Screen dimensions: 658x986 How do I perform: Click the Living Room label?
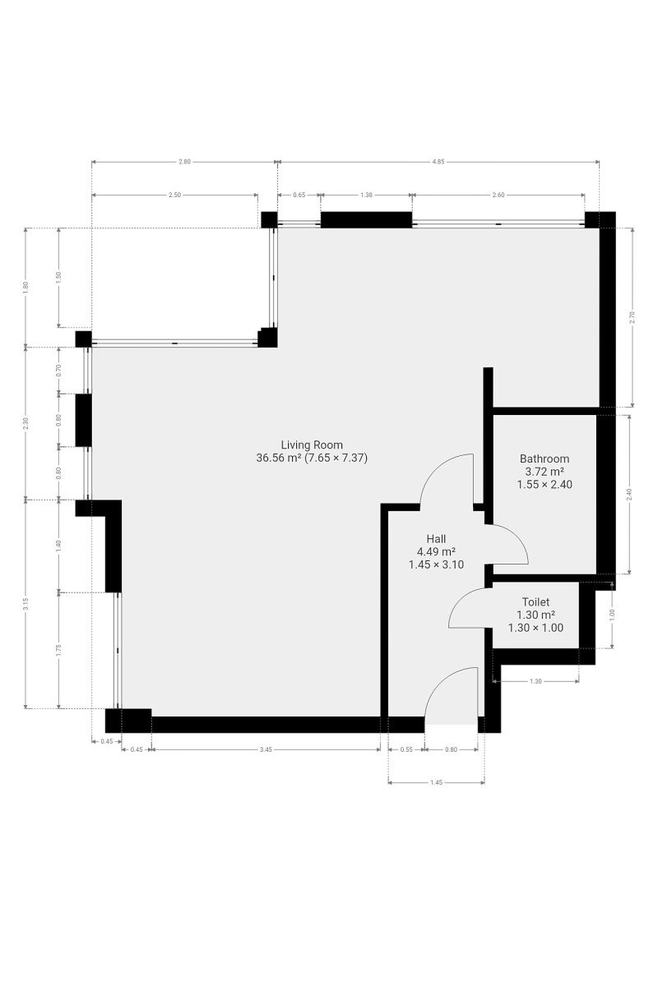point(312,445)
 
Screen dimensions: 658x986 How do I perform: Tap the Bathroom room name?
point(544,458)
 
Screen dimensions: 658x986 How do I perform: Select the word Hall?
point(436,539)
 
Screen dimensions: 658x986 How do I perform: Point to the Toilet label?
point(535,601)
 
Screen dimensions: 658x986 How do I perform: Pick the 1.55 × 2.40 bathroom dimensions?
point(544,485)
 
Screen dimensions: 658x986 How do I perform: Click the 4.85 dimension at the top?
point(438,162)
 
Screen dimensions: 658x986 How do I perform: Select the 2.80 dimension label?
point(184,162)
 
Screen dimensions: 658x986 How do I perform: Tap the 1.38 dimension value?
point(366,195)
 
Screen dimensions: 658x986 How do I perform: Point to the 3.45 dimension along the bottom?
point(266,749)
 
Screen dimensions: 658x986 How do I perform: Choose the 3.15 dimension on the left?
point(25,605)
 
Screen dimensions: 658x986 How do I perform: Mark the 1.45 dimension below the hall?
point(436,782)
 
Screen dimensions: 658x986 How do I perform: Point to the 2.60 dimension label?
point(498,195)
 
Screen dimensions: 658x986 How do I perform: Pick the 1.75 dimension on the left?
point(58,650)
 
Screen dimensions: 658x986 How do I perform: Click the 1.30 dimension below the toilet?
point(535,681)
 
